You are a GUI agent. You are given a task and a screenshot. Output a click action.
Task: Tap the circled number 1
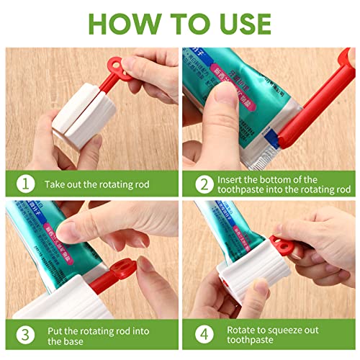pyautogui.click(x=24, y=184)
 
